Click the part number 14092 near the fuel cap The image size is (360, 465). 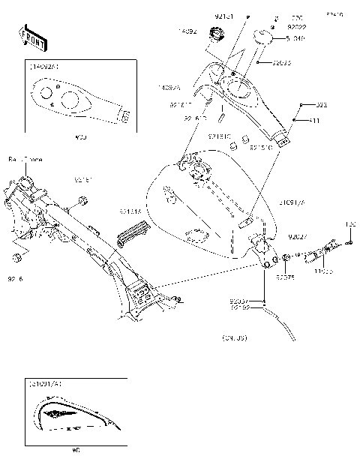(187, 31)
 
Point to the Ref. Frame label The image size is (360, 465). (25, 160)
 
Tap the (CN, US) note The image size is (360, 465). (234, 339)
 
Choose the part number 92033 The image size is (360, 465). (281, 63)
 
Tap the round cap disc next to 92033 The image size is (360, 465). (264, 35)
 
